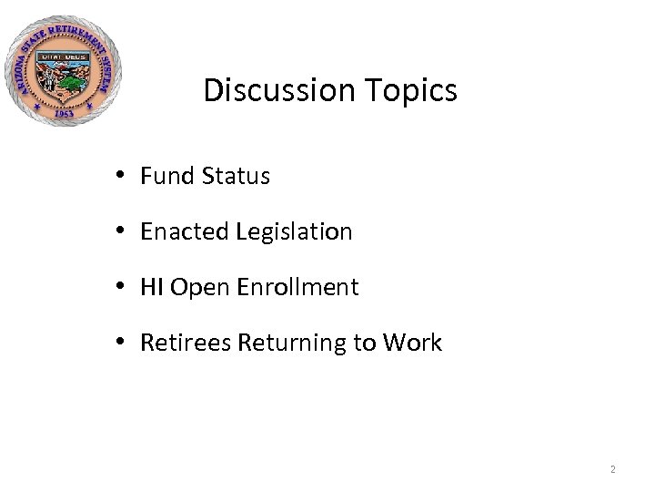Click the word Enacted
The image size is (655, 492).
pos(185,232)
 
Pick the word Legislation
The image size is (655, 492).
pos(294,232)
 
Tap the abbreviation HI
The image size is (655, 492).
pos(152,288)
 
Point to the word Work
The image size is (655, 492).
pos(412,343)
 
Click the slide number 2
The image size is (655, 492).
pos(613,470)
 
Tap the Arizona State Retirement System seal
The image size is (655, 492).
pos(63,71)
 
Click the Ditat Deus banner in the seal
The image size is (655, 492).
pos(62,56)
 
